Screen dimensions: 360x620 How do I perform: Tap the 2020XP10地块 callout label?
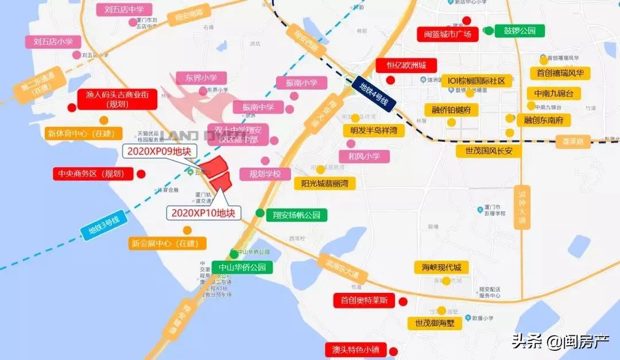point(203,213)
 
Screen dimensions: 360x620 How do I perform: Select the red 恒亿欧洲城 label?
point(406,65)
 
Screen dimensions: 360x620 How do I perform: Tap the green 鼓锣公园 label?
point(520,30)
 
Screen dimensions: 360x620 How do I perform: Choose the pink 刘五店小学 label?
point(53,41)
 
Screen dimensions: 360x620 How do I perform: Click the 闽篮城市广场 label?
point(447,34)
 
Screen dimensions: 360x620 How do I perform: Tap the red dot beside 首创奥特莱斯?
point(402,301)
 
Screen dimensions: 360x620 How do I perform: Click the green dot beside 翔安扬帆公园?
point(260,214)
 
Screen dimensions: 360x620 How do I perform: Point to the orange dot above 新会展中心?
point(187,230)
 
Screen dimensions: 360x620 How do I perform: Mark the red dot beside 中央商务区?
point(140,173)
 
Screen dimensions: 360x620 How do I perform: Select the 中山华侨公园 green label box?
point(242,268)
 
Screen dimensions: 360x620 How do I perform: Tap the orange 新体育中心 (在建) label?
point(83,134)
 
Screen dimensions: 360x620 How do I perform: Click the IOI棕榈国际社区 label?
point(476,81)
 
